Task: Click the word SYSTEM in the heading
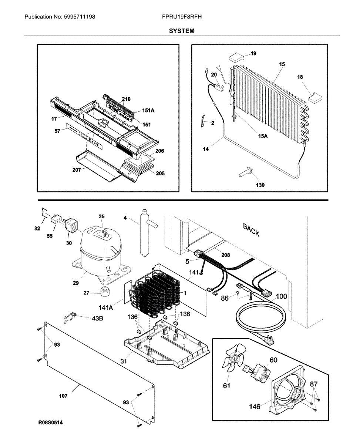(181, 31)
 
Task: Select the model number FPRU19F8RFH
(182, 17)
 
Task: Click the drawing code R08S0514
(50, 422)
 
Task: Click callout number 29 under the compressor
(76, 283)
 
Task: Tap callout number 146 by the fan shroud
(254, 407)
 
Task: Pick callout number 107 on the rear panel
(63, 396)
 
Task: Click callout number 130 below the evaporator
(260, 185)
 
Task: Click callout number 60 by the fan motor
(273, 360)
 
